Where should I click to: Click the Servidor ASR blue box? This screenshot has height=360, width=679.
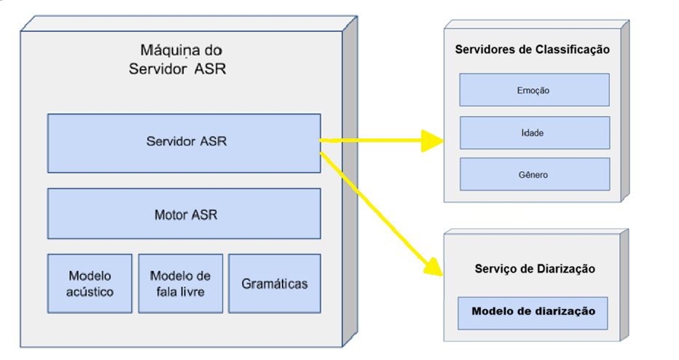pyautogui.click(x=184, y=143)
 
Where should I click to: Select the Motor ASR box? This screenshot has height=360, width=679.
pyautogui.click(x=184, y=214)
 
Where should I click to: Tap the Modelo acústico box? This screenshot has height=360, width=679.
pyautogui.click(x=90, y=283)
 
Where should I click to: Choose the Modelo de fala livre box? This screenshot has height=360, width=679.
pyautogui.click(x=180, y=283)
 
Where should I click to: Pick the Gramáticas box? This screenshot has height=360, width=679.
pyautogui.click(x=275, y=283)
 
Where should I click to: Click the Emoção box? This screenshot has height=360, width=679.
pyautogui.click(x=534, y=90)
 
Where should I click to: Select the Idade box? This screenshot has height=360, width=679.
pyautogui.click(x=534, y=133)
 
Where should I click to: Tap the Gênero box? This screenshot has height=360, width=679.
pyautogui.click(x=534, y=175)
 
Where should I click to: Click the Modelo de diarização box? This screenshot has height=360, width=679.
pyautogui.click(x=533, y=312)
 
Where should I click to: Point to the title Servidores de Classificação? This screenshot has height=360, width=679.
pyautogui.click(x=532, y=50)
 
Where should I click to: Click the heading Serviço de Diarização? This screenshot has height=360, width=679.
pyautogui.click(x=533, y=269)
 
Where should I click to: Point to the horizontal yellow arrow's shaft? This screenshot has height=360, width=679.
pyautogui.click(x=372, y=140)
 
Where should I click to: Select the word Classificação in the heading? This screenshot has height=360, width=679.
pyautogui.click(x=572, y=50)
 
